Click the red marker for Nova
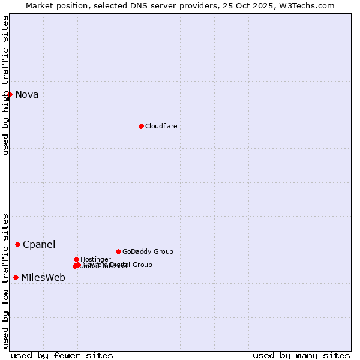10,94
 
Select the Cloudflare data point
141,126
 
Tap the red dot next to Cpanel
17,244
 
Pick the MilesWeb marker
16,277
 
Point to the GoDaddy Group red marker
118,251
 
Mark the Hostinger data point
76,259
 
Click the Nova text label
26,94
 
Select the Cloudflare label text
161,126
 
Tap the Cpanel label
39,244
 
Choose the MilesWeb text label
43,277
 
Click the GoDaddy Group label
148,251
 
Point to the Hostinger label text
95,259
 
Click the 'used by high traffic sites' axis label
5,85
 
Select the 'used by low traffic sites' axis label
5,281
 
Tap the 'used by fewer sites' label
62,355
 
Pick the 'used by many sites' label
301,355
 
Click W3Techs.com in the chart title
309,5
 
